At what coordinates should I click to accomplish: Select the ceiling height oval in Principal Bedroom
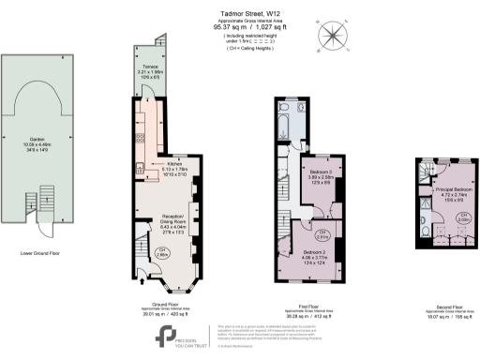pyautogui.click(x=463, y=219)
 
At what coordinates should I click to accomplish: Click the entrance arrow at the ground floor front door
pyautogui.click(x=142, y=275)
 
